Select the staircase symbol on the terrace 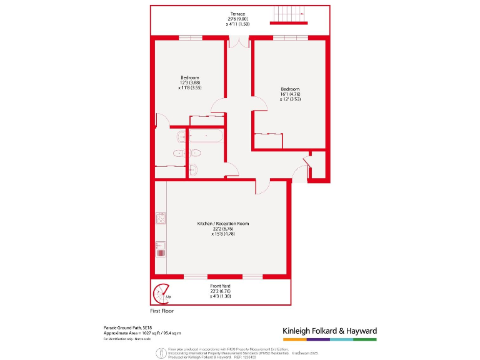[292, 14]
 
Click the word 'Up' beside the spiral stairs [169, 296]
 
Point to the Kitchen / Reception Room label [223, 224]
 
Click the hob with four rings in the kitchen [160, 218]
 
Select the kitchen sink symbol [160, 250]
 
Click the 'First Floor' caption [162, 311]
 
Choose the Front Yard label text [223, 286]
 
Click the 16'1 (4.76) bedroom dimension [290, 94]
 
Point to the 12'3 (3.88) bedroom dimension [190, 83]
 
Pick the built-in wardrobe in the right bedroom [267, 141]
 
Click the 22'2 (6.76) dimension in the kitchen [223, 229]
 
